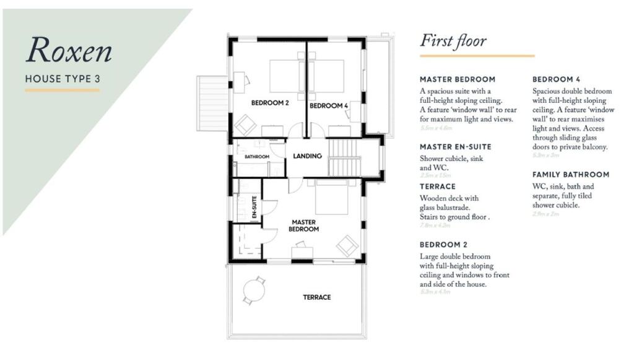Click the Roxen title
click(x=69, y=51)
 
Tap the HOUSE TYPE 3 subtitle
click(x=62, y=79)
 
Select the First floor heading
click(x=453, y=42)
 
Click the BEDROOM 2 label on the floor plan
click(x=270, y=103)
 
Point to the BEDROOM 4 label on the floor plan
click(x=329, y=106)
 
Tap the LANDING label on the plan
click(x=307, y=156)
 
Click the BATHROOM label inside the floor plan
click(x=256, y=157)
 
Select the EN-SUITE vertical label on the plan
click(x=254, y=207)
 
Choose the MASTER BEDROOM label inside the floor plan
click(x=305, y=226)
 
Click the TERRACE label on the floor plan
click(x=316, y=297)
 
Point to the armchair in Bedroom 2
click(x=245, y=126)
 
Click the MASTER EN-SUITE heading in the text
click(x=455, y=147)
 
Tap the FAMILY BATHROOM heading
click(x=570, y=175)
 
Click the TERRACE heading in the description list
click(x=437, y=187)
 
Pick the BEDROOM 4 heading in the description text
click(x=556, y=79)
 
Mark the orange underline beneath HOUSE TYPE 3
click(x=62, y=90)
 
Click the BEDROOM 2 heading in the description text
click(x=443, y=245)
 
